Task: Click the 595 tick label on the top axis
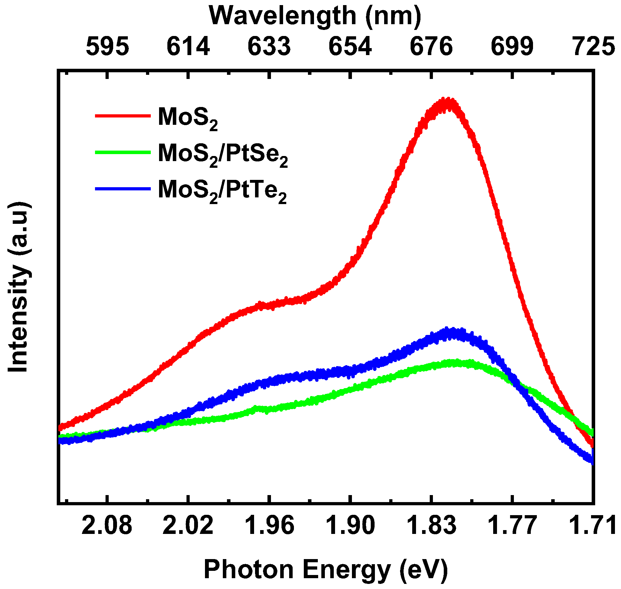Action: coord(108,46)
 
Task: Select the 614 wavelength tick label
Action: coord(188,46)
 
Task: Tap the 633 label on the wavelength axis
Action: coord(269,46)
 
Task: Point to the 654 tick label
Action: coord(350,46)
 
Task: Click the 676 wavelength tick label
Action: coord(431,46)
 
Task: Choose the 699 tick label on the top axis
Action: coord(512,46)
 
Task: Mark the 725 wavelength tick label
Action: coord(594,46)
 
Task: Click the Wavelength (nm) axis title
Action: coord(315,16)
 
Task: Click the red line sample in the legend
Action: coord(123,116)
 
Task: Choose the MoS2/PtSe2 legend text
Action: coord(223,154)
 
